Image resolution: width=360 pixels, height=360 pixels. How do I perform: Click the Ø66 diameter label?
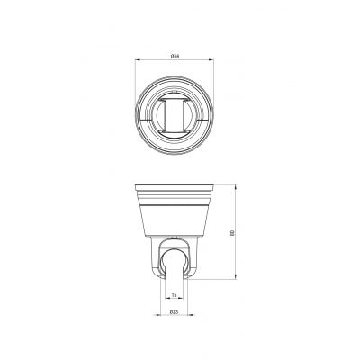pos(175,57)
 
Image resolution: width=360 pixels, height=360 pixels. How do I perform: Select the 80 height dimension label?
pos(232,232)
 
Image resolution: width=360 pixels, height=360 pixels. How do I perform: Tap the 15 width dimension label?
pos(174,295)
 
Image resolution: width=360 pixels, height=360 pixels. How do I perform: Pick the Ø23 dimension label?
pos(174,312)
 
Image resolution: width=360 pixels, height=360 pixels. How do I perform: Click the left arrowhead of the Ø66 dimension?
pos(138,60)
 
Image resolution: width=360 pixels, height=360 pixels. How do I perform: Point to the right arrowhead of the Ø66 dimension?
pos(211,60)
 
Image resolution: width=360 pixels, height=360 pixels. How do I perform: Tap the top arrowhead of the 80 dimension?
pos(236,187)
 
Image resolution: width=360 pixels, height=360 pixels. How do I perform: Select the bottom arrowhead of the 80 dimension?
pos(236,276)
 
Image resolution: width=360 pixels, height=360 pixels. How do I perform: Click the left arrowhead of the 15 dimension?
pos(168,298)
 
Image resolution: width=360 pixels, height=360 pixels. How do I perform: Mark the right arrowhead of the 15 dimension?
pos(180,298)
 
